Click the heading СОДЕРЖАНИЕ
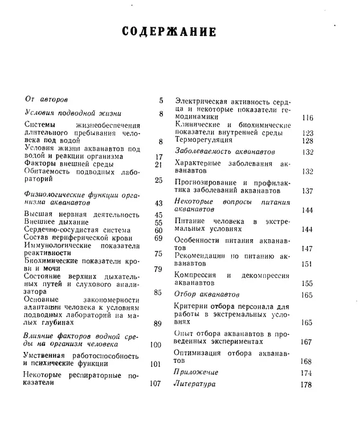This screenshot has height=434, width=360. pos(170,31)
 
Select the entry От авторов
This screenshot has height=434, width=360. pos(47,100)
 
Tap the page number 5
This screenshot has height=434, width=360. pos(161,100)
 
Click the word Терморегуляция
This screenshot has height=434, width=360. pos(203,140)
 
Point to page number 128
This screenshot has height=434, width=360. pos(308,141)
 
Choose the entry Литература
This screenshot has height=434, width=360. pos(194,384)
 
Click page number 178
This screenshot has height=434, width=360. pos(306,385)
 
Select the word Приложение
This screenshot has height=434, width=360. pos(195,372)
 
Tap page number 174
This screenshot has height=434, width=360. pos(306,372)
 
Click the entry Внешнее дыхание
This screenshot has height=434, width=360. pos(56,222)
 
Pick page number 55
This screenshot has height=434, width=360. pos(158,223)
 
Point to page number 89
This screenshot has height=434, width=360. pos(158,324)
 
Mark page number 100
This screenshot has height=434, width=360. pos(156,345)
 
